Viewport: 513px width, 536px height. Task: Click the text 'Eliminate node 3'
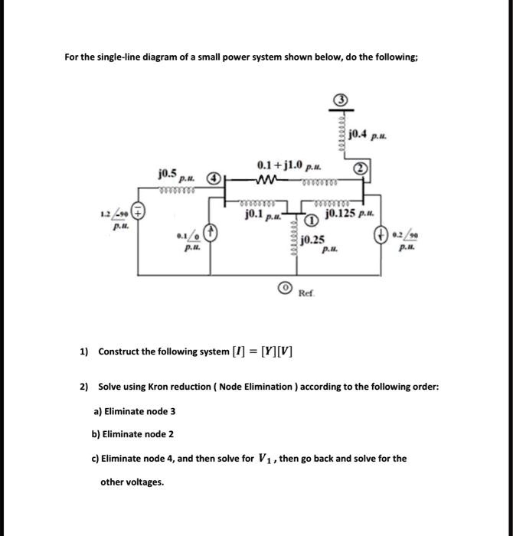[x=134, y=411]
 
